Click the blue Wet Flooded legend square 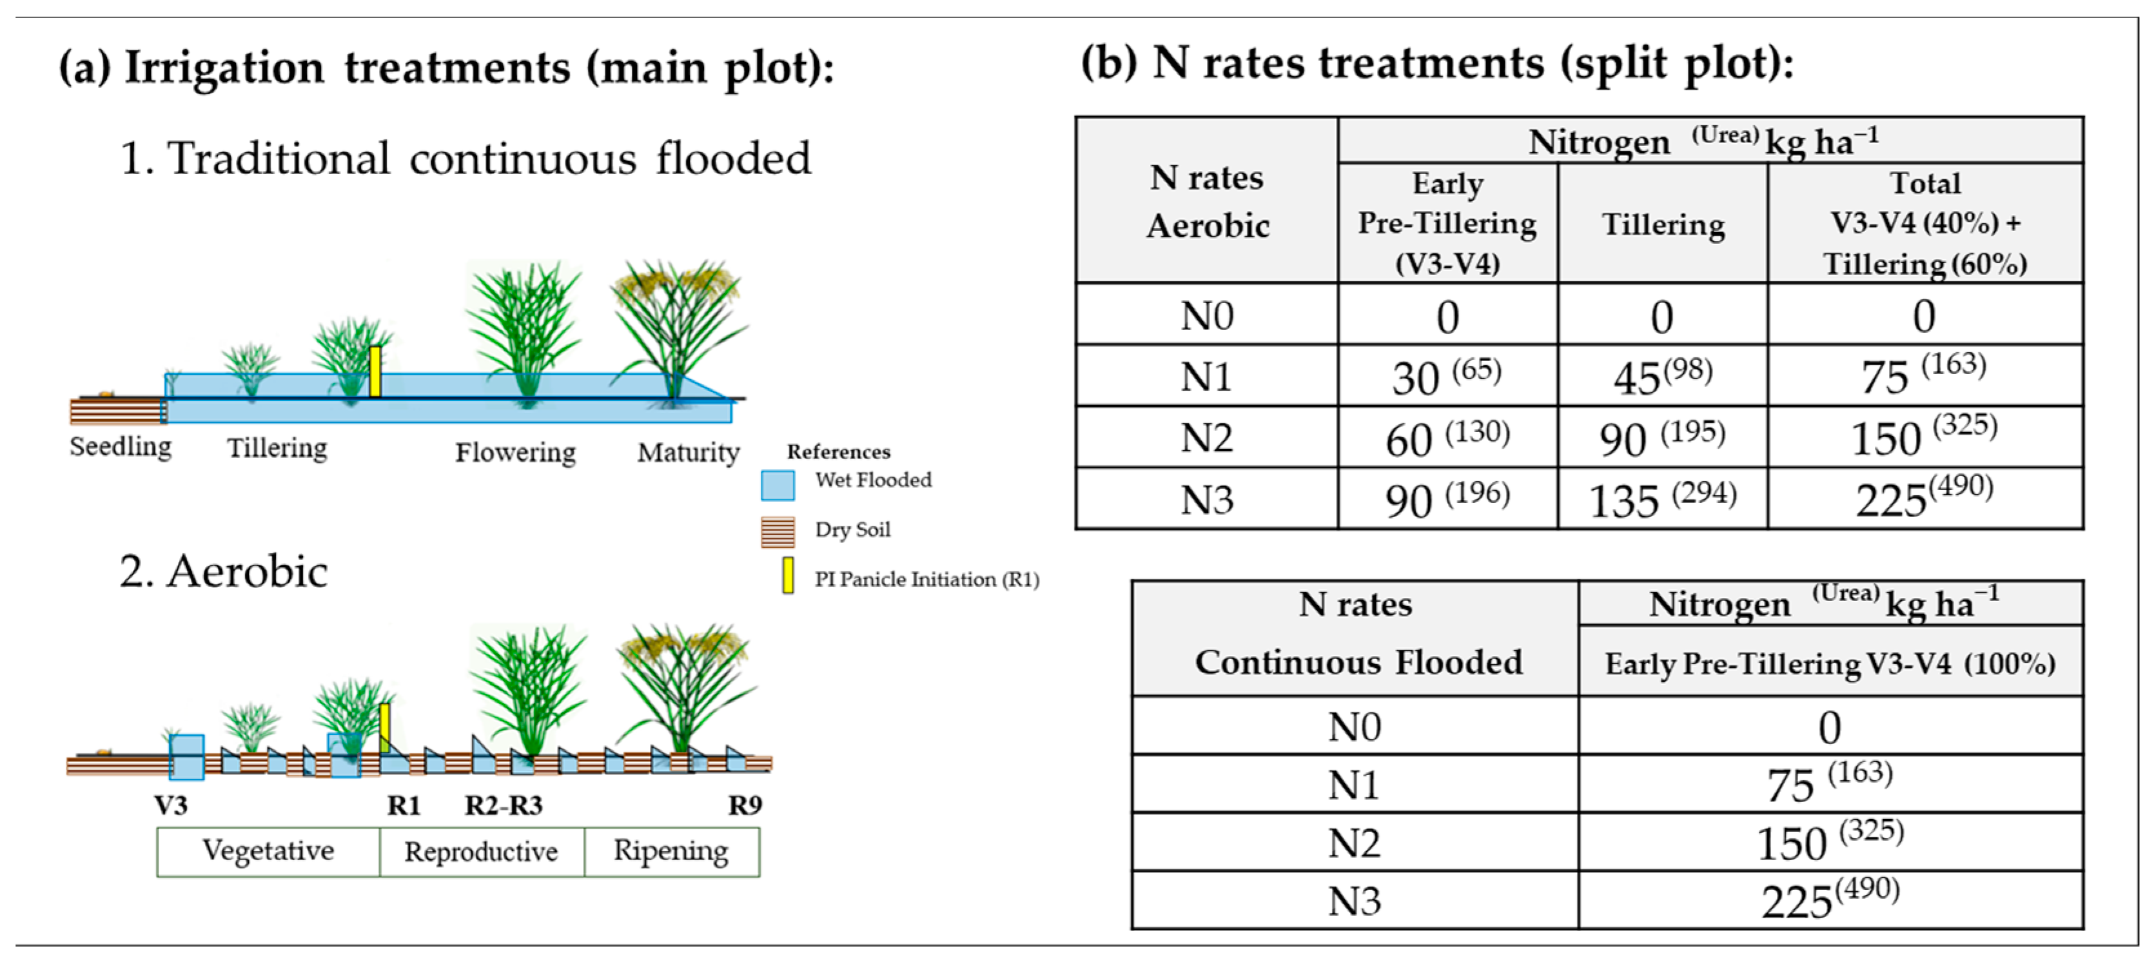click(777, 485)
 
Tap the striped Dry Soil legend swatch click(777, 532)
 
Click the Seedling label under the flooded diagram click(121, 446)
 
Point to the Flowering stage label click(515, 452)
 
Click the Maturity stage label click(688, 452)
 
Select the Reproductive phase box click(482, 851)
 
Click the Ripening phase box click(671, 851)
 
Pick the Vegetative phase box click(268, 851)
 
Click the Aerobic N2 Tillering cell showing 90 click(1661, 437)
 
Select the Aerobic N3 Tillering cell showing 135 click(1661, 499)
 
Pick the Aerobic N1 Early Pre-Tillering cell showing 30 click(1447, 376)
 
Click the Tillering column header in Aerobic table click(1662, 224)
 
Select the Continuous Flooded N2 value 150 click(1830, 842)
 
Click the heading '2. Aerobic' click(223, 572)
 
